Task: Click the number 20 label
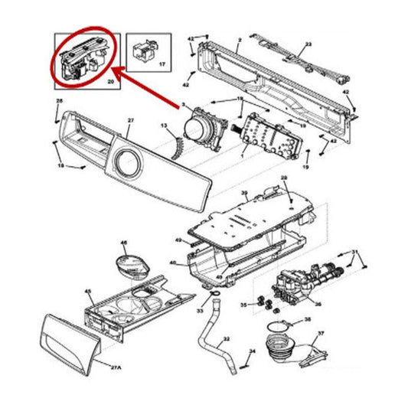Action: (x=110, y=80)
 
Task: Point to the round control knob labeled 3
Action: (x=201, y=123)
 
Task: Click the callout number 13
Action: (x=163, y=124)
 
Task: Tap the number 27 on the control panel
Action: (x=131, y=120)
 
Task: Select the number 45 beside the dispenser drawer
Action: (x=87, y=291)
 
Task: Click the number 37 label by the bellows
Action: (x=321, y=333)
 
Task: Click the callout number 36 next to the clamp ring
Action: (x=307, y=320)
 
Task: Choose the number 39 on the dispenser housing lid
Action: (x=244, y=192)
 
